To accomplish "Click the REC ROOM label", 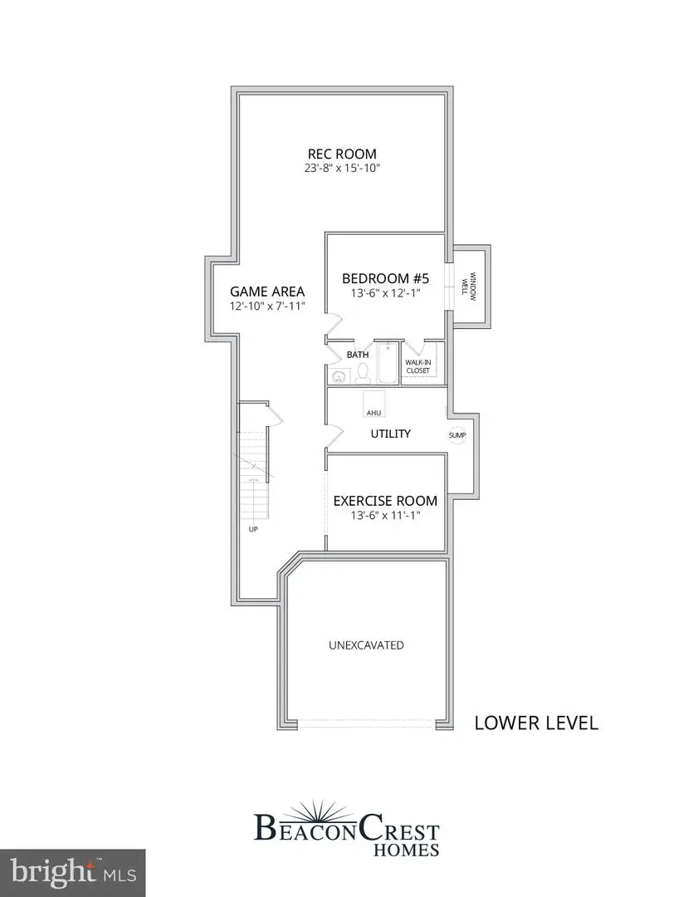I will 342,154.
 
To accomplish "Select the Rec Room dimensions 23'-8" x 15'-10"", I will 342,168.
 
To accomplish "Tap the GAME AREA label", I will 267,292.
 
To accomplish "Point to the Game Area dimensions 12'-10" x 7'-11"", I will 267,306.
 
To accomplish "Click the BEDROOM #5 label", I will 385,278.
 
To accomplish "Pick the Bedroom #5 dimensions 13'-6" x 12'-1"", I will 385,292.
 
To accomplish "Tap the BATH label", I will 358,355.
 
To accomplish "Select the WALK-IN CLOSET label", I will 417,366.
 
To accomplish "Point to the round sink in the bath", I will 339,377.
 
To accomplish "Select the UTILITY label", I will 390,434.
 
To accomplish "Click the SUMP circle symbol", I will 457,434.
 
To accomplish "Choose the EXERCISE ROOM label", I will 385,501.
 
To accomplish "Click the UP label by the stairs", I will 252,528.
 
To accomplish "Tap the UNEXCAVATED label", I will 366,645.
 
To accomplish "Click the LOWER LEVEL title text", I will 535,723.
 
